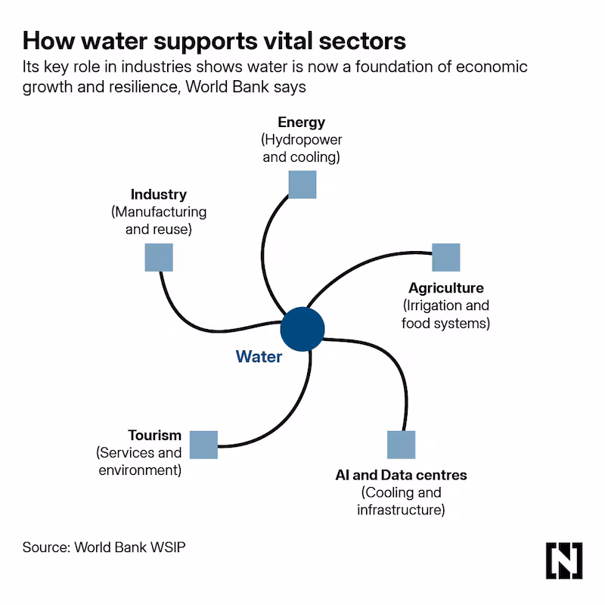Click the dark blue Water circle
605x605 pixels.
point(302,329)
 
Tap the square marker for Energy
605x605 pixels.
point(302,185)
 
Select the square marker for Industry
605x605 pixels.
point(159,257)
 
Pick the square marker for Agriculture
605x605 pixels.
point(446,257)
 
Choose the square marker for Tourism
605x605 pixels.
point(203,445)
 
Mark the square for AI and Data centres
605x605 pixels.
point(402,445)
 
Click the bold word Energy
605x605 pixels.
point(301,123)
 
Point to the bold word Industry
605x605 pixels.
point(159,194)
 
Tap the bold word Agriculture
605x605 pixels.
point(446,288)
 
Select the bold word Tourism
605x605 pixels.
point(154,436)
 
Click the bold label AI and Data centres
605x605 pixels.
point(402,475)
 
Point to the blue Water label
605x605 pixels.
point(259,356)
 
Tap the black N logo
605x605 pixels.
point(563,560)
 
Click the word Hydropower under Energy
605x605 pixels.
point(303,140)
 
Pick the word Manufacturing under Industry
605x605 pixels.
point(160,213)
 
